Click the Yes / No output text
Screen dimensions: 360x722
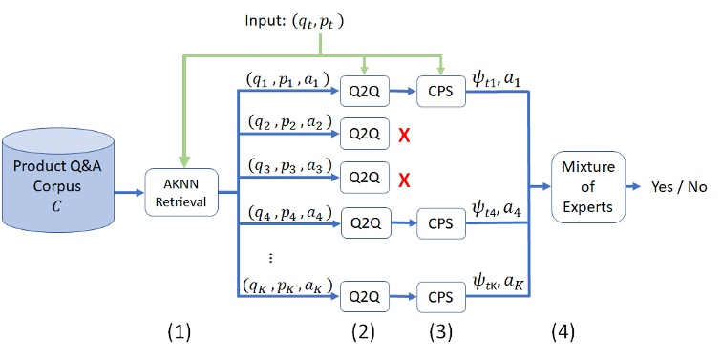pos(679,186)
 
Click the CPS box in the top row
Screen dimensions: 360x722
pos(440,94)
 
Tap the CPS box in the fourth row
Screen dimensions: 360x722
pos(440,223)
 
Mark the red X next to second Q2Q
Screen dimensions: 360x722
pos(405,137)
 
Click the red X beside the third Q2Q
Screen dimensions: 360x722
pos(405,179)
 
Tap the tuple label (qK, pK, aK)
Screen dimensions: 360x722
pos(286,282)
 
